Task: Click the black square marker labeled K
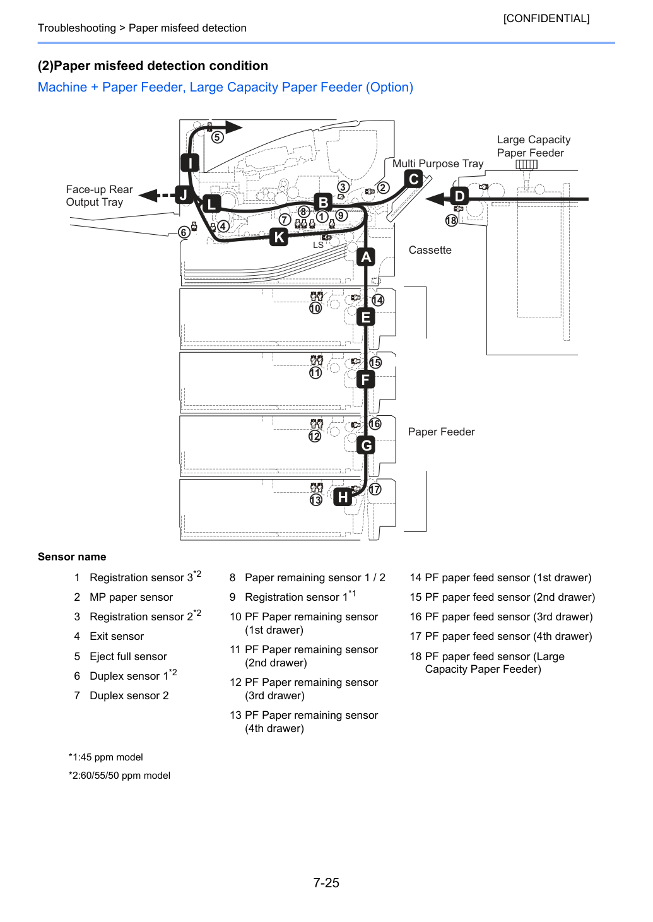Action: point(279,237)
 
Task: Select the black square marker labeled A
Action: point(365,257)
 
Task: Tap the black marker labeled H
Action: point(343,497)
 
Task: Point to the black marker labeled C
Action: point(413,179)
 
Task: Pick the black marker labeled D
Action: point(459,196)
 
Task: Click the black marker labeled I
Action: point(190,163)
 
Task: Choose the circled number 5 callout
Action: point(217,137)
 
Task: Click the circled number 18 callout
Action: point(451,221)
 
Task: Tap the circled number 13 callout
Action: point(315,500)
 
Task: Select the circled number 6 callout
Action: point(184,233)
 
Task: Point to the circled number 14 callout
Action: point(378,300)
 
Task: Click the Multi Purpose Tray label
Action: point(438,163)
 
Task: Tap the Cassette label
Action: point(430,250)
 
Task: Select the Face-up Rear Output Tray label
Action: point(99,196)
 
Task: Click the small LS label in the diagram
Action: point(318,245)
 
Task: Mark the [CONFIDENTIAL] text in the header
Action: point(546,18)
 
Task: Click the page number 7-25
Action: point(326,882)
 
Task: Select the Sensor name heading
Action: point(72,557)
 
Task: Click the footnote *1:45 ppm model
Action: point(106,757)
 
